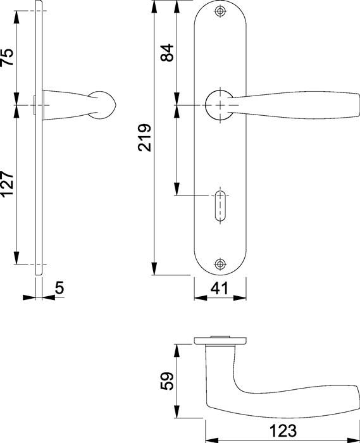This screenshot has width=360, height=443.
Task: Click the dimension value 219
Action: tap(144, 137)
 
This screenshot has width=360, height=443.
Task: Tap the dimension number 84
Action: tap(167, 53)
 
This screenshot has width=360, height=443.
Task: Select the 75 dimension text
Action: tap(8, 57)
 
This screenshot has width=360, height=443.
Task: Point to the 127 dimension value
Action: tap(8, 184)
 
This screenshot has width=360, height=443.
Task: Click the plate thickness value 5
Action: tap(59, 288)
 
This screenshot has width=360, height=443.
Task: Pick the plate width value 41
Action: tap(220, 289)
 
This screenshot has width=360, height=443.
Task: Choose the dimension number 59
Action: tap(167, 381)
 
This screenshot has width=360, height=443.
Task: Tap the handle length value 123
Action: tap(283, 431)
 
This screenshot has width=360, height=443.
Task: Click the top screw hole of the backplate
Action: tap(220, 11)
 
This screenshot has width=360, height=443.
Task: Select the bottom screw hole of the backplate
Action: tap(220, 264)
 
